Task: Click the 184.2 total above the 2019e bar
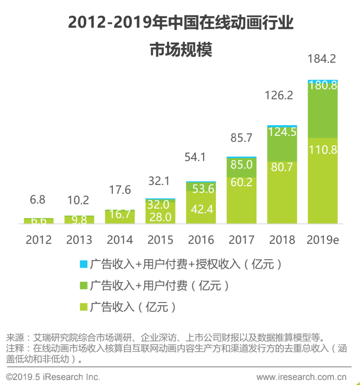pyautogui.click(x=321, y=59)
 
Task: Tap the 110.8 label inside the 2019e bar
pyautogui.click(x=323, y=150)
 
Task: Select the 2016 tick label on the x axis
pyautogui.click(x=201, y=240)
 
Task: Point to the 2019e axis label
pyautogui.click(x=323, y=240)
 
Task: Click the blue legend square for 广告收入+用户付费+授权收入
pyautogui.click(x=84, y=264)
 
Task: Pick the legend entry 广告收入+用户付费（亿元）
pyautogui.click(x=159, y=286)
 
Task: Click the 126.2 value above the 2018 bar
pyautogui.click(x=278, y=95)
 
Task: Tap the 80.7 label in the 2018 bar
pyautogui.click(x=282, y=167)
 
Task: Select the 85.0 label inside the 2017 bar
pyautogui.click(x=241, y=164)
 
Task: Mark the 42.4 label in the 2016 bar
pyautogui.click(x=202, y=209)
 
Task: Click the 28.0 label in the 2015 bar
pyautogui.click(x=160, y=217)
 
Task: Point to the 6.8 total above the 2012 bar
pyautogui.click(x=37, y=199)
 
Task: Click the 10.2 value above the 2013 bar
pyautogui.click(x=78, y=200)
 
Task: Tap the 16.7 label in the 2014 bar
pyautogui.click(x=120, y=214)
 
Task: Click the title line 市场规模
pyautogui.click(x=181, y=50)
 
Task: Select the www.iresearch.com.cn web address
pyautogui.click(x=301, y=377)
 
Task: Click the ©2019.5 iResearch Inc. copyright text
pyautogui.click(x=53, y=377)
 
